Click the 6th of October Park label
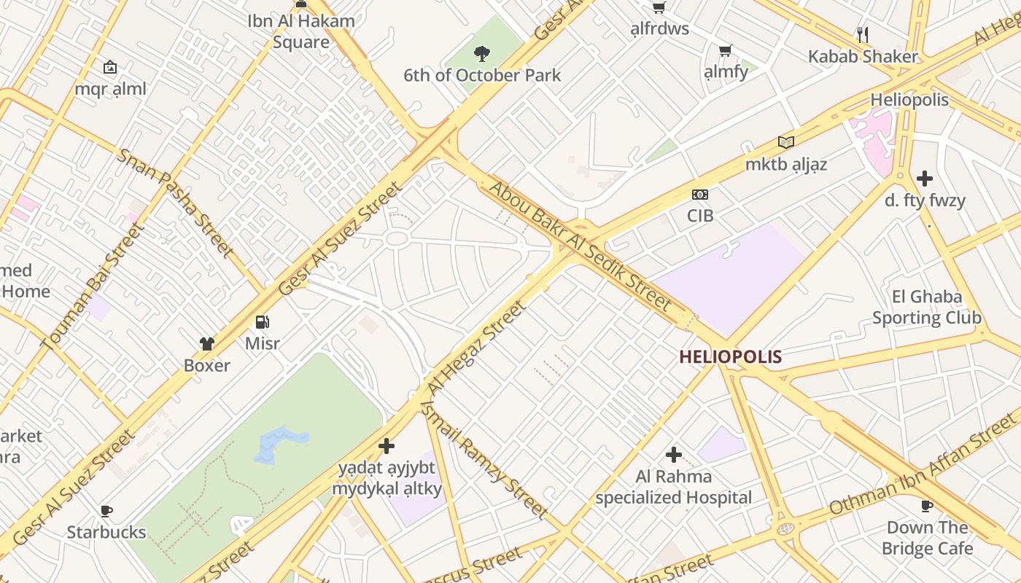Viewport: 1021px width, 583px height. click(x=482, y=75)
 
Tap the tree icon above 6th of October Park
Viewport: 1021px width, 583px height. click(x=481, y=53)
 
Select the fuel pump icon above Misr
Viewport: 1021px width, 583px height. click(x=263, y=321)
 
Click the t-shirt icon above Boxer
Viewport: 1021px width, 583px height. click(x=207, y=344)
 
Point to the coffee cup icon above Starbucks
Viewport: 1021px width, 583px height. click(x=106, y=511)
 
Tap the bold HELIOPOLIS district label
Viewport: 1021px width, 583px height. click(x=730, y=357)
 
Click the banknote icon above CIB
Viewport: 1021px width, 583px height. click(x=700, y=195)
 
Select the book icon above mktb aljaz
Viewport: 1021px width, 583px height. click(x=785, y=142)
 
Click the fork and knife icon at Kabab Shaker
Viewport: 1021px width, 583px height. click(x=863, y=34)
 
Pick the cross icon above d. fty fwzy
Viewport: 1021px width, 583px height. click(x=925, y=179)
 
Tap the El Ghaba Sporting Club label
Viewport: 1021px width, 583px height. click(x=927, y=307)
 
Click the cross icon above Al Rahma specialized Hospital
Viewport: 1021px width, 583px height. click(x=674, y=455)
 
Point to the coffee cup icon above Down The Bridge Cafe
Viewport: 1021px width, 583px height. click(x=927, y=506)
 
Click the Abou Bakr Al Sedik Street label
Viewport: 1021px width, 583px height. click(x=580, y=245)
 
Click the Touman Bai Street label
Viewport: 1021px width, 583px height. click(x=93, y=286)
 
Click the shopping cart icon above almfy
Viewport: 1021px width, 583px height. click(x=725, y=51)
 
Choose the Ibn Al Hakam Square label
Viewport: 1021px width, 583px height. click(x=301, y=31)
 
